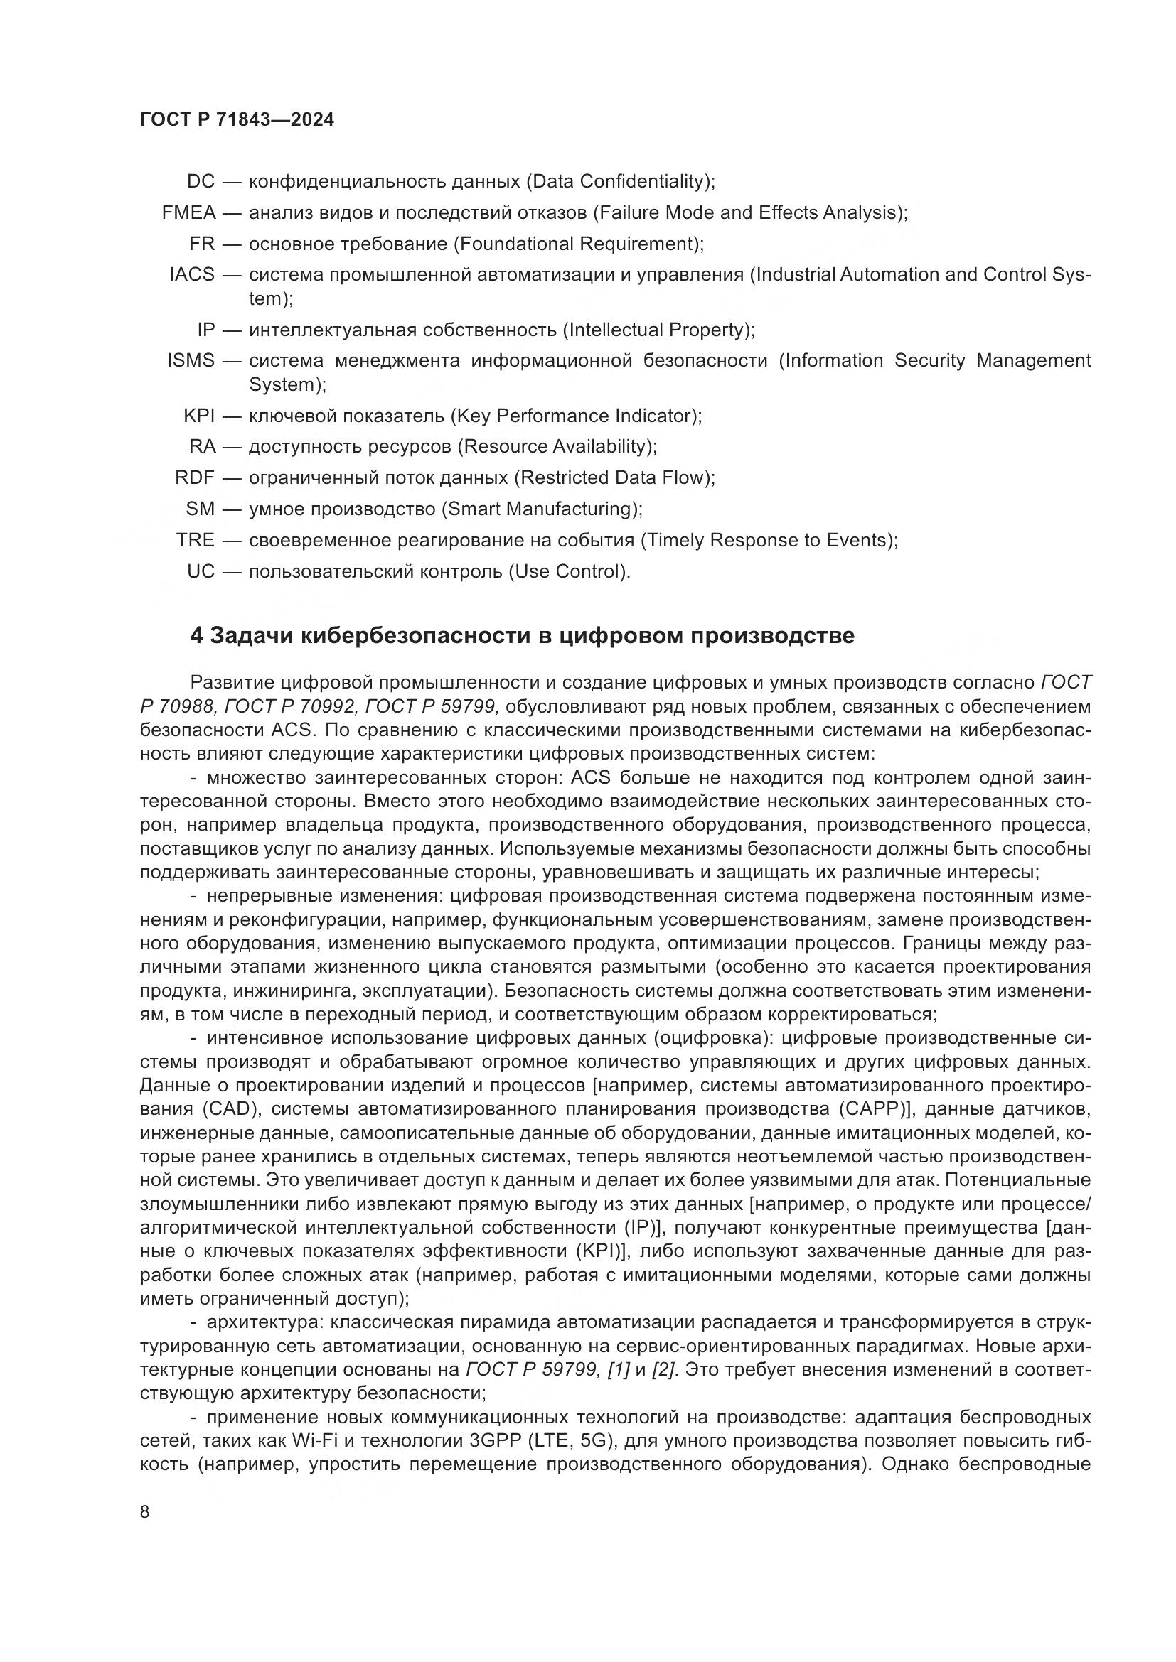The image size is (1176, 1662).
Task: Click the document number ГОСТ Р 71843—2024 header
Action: [237, 120]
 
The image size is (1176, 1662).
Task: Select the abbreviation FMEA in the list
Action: [188, 213]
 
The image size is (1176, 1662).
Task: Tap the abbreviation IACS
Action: [192, 274]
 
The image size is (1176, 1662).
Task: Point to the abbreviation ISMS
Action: [191, 360]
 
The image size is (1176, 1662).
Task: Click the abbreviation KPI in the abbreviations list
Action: [199, 416]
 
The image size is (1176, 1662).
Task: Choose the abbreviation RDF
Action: [195, 477]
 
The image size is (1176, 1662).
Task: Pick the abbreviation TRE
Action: [196, 540]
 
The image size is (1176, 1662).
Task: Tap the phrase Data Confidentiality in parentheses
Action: [619, 181]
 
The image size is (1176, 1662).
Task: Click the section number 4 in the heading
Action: [196, 635]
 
